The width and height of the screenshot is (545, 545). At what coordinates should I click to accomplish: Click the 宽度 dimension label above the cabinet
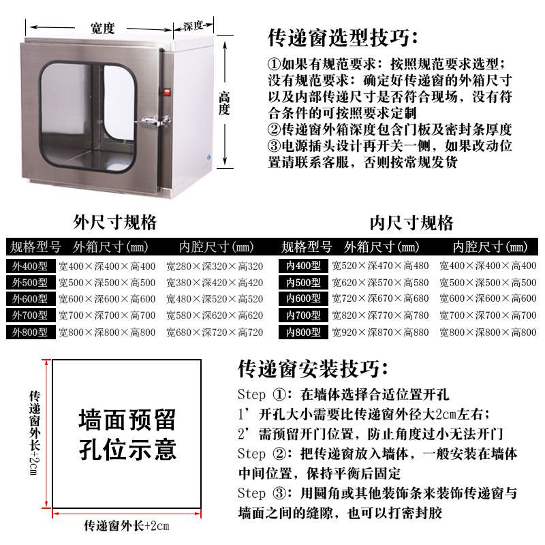(102, 28)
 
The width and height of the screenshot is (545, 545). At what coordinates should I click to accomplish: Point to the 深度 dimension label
(193, 26)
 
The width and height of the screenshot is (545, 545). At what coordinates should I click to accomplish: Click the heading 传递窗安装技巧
(313, 369)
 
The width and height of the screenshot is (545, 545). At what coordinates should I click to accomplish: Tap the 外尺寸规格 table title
(115, 223)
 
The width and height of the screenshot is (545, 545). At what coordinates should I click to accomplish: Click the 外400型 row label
(29, 266)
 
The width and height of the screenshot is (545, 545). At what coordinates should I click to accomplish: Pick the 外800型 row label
(29, 332)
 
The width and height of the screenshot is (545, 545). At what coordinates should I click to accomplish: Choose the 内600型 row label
(303, 299)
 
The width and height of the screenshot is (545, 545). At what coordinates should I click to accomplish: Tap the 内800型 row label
(303, 332)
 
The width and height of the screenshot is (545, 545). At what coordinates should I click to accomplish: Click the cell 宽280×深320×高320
(214, 266)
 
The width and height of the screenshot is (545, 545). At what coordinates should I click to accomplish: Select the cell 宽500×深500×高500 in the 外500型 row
(106, 283)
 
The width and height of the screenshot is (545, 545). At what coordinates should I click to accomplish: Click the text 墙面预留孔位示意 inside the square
(127, 434)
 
